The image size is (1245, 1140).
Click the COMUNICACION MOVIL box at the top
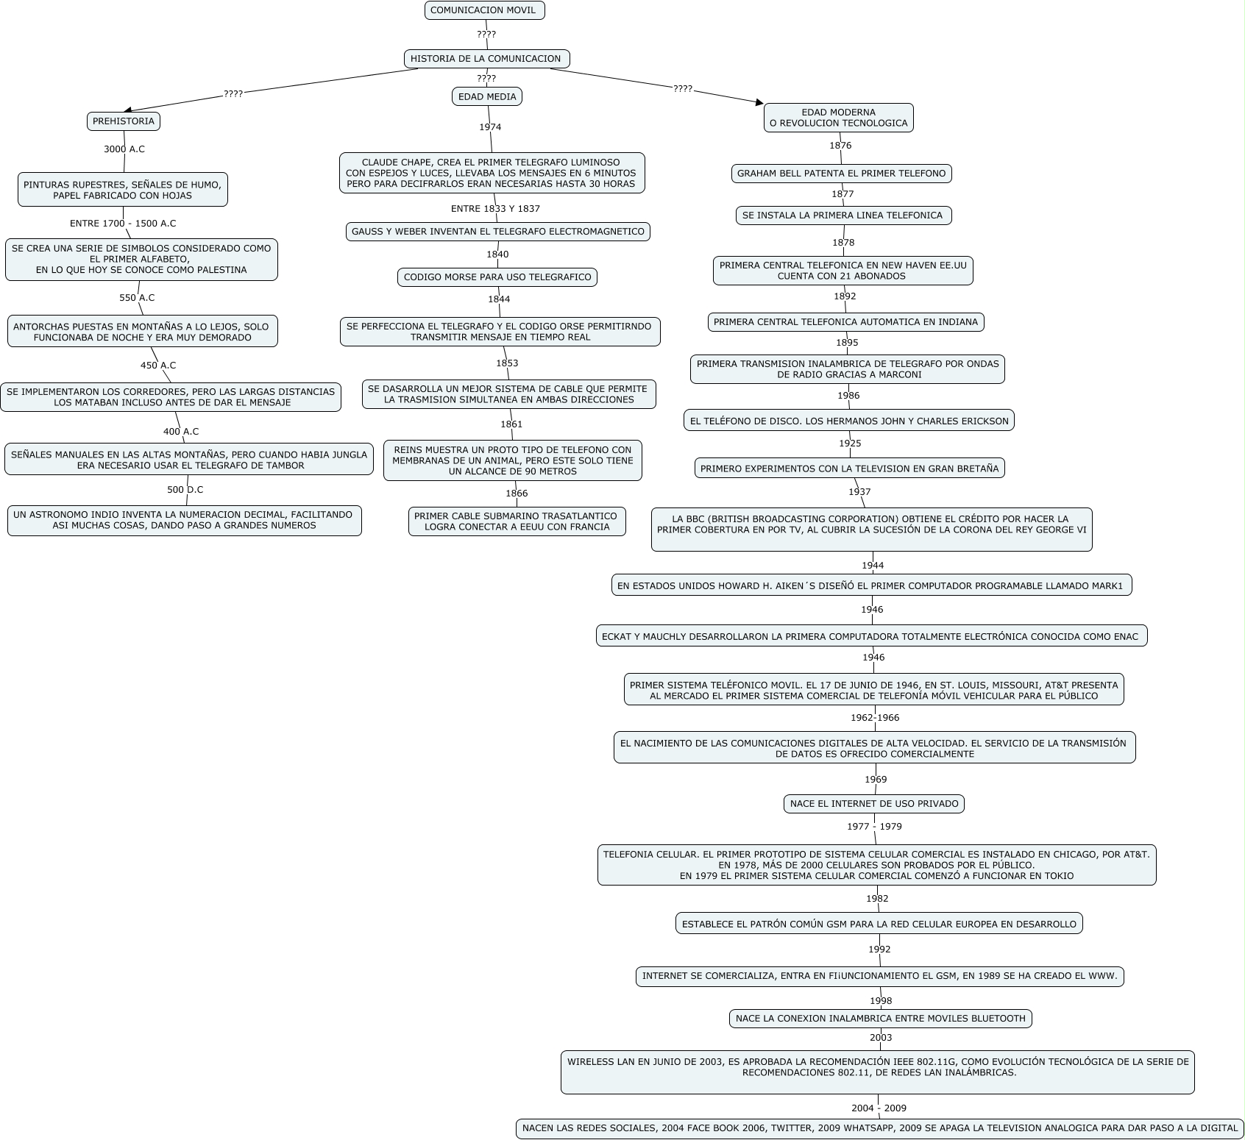(484, 10)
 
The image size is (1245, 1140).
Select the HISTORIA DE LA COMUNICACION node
(486, 59)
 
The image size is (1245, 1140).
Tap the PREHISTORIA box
(124, 121)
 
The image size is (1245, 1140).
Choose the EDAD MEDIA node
(487, 96)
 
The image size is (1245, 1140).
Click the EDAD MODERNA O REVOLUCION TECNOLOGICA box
(838, 118)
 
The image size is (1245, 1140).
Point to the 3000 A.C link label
(124, 149)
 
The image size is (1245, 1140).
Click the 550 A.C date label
(137, 298)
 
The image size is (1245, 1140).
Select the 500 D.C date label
(185, 490)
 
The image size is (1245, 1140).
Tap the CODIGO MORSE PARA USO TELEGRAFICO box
(497, 277)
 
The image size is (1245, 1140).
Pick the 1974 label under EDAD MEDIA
(490, 127)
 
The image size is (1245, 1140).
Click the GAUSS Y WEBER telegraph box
(498, 232)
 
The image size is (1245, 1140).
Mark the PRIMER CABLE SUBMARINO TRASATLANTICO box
(517, 521)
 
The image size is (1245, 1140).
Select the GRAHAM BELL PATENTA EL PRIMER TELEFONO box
(841, 174)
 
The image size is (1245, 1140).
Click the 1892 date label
(845, 296)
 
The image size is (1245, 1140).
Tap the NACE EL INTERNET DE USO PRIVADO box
(874, 804)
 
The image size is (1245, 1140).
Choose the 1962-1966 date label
(875, 718)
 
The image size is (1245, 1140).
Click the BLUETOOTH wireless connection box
(880, 1019)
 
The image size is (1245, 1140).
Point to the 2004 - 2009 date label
(879, 1108)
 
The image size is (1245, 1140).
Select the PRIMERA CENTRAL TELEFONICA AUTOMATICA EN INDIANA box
(845, 322)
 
